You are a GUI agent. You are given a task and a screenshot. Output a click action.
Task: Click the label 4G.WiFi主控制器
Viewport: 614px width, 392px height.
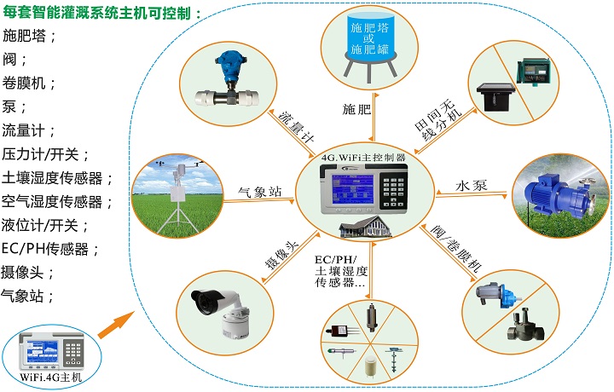(363, 158)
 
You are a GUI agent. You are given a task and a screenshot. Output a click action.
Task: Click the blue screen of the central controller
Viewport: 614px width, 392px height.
(352, 189)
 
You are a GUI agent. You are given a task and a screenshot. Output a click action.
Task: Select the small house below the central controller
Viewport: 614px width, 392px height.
(365, 227)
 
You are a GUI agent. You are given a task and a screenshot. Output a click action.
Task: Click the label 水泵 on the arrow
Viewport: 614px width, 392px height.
(472, 186)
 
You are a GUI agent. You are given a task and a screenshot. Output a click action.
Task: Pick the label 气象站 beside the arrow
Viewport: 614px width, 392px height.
(260, 192)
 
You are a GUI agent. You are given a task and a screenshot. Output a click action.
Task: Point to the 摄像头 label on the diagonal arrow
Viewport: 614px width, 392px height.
(282, 255)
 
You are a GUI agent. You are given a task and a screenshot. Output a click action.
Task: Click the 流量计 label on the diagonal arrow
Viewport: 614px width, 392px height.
(296, 127)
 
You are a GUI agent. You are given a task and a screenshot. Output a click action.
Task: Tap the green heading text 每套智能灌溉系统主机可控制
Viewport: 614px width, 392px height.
(102, 13)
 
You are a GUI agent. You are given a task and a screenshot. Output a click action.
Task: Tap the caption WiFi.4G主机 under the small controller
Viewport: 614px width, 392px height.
(51, 378)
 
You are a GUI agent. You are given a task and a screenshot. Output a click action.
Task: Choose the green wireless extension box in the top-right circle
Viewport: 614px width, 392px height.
(532, 71)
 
